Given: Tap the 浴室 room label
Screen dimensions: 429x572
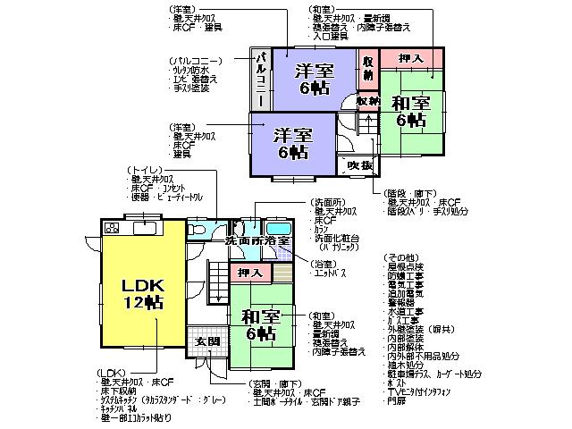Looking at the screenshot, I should (276, 241).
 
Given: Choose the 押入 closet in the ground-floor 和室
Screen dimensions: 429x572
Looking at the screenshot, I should (249, 272).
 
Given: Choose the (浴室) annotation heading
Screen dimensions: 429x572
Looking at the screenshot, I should (323, 264).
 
